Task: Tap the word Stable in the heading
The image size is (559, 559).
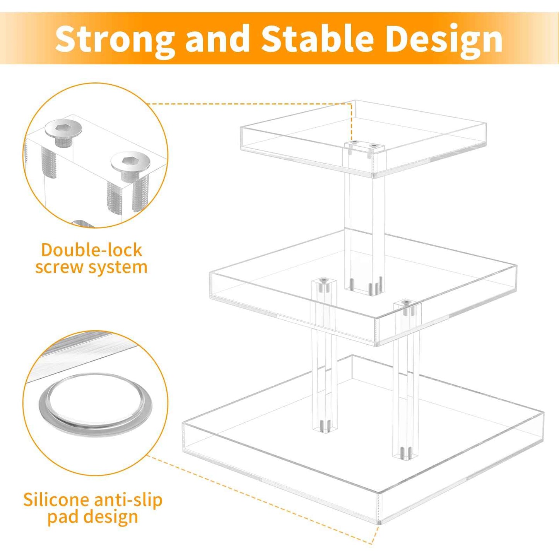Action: pyautogui.click(x=317, y=39)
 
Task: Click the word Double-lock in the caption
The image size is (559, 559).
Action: pyautogui.click(x=92, y=250)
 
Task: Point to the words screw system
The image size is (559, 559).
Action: pyautogui.click(x=91, y=267)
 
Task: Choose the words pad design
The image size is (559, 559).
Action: pyautogui.click(x=92, y=517)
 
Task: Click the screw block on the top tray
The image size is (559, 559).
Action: pyautogui.click(x=365, y=147)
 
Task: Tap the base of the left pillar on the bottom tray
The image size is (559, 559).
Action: pyautogui.click(x=324, y=427)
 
